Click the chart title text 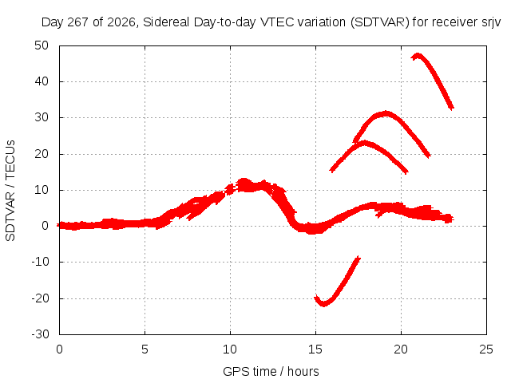click(x=271, y=22)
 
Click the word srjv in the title click(x=491, y=22)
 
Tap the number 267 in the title click(x=78, y=22)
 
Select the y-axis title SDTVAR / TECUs click(x=10, y=191)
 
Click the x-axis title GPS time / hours click(x=271, y=371)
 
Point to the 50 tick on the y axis click(x=42, y=45)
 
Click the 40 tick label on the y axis click(x=42, y=81)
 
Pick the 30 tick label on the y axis click(x=42, y=117)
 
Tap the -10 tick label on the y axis click(x=40, y=262)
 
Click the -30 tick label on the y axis click(x=40, y=334)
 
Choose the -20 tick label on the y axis click(x=40, y=298)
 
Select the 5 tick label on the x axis click(x=145, y=349)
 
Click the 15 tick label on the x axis click(x=315, y=349)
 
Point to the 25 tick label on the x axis click(x=486, y=349)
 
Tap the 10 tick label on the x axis click(x=230, y=349)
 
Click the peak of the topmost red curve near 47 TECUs click(x=417, y=56)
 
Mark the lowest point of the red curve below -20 click(x=323, y=305)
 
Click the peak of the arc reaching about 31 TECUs click(x=386, y=113)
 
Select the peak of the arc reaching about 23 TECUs click(x=364, y=143)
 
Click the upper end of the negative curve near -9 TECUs click(x=358, y=258)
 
